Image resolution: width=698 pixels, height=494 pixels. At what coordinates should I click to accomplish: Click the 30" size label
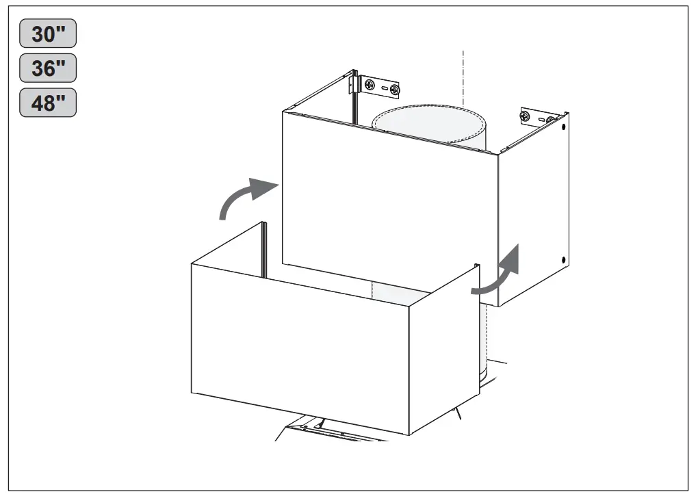pos(47,34)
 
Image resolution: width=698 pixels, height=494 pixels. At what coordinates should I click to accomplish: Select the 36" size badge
pos(47,68)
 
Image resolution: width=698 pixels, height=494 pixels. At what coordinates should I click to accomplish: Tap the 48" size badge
pos(47,103)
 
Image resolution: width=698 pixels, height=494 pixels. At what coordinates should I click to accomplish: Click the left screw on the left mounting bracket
pos(370,85)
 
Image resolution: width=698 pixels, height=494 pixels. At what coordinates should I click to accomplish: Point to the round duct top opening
pos(428,123)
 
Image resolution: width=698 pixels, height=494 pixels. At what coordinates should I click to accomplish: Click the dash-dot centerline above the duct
pos(463,75)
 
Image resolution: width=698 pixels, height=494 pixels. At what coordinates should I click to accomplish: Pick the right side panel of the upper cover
pos(534,212)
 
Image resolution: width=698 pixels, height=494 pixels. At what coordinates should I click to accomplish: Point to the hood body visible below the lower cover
pos(328,431)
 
